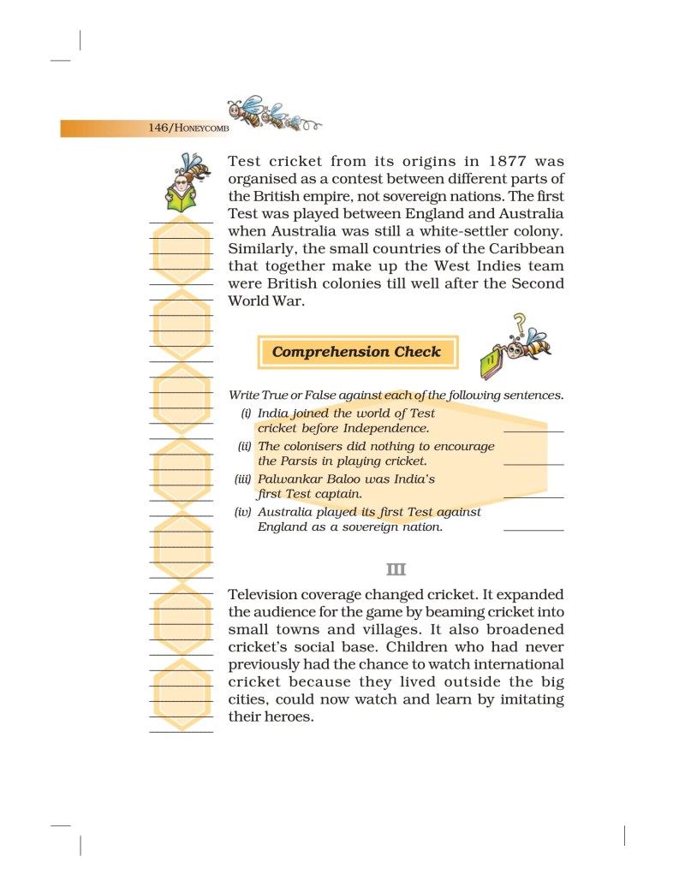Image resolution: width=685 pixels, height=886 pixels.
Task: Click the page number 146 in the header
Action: tap(158, 128)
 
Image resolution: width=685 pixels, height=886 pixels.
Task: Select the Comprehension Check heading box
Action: tap(356, 352)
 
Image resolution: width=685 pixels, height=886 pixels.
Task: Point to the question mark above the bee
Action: tap(518, 324)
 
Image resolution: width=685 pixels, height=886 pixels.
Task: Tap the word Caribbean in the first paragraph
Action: tap(517, 248)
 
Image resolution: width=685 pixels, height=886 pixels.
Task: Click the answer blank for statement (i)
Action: tap(533, 430)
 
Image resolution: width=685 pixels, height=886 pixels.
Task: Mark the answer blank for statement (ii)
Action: tap(533, 462)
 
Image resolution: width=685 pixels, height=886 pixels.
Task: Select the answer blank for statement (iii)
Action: tap(533, 496)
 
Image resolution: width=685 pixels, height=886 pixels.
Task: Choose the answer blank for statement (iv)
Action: tap(533, 529)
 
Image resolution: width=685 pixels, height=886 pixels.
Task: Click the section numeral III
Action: tap(396, 569)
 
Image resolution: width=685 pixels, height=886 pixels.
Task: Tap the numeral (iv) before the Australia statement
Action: tap(244, 512)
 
